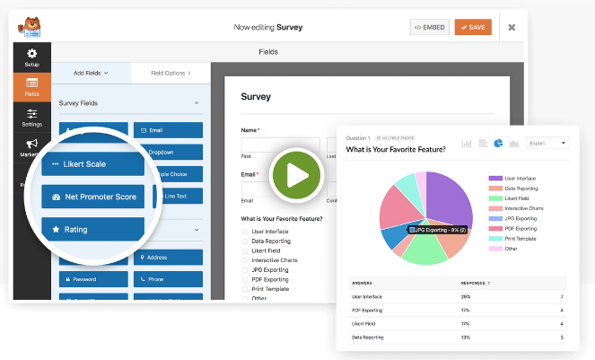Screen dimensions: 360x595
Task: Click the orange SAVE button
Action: [473, 27]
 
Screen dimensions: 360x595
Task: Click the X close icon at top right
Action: [512, 27]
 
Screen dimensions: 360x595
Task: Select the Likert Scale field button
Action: [92, 164]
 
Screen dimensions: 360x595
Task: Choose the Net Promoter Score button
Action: [92, 197]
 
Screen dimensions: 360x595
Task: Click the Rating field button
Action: [92, 230]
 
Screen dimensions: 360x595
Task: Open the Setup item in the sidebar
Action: [32, 57]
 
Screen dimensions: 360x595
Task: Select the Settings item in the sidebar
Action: [32, 118]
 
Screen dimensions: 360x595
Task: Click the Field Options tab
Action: [170, 72]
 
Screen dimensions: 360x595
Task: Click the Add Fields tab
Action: [92, 72]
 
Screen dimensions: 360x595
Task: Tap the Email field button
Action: [168, 129]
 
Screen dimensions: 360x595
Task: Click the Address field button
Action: [168, 258]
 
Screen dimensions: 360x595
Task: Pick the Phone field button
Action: [168, 279]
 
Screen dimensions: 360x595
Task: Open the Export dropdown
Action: [547, 143]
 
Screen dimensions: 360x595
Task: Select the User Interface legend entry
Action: [521, 179]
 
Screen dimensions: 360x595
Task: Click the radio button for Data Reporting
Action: [245, 241]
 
